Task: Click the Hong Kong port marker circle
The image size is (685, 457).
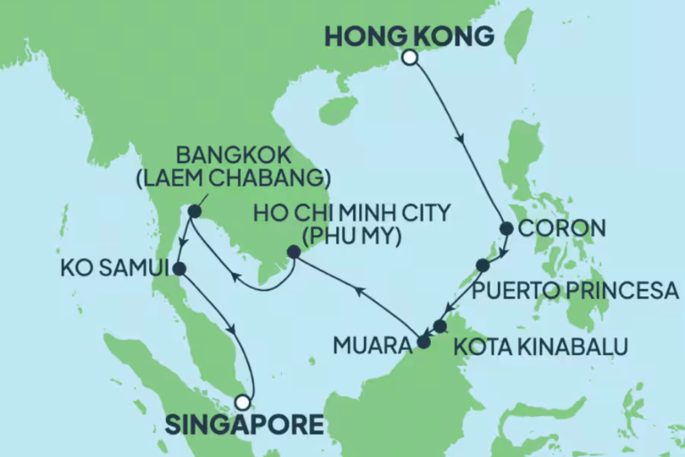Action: [409, 58]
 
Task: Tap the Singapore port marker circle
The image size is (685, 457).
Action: [241, 402]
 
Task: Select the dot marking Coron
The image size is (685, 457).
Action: [506, 228]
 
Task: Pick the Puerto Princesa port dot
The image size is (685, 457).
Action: [483, 265]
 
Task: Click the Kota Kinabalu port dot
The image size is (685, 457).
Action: [440, 326]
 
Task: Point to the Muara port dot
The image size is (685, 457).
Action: [423, 341]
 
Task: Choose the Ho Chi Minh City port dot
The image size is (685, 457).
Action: [293, 252]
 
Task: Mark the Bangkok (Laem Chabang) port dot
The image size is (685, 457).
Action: [194, 212]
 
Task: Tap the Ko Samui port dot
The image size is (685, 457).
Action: [179, 268]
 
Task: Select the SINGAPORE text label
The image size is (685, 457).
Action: [243, 424]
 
